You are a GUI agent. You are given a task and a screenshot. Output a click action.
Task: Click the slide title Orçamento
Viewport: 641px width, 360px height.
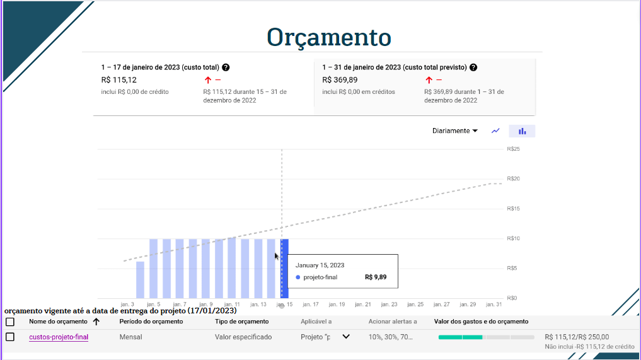pos(328,37)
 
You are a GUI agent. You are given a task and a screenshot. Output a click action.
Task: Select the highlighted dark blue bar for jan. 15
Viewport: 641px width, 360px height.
pos(285,269)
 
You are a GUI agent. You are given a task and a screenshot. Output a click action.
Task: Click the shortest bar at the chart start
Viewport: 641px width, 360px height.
pos(140,279)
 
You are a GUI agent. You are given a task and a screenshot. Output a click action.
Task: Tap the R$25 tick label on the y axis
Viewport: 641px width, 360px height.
pos(513,149)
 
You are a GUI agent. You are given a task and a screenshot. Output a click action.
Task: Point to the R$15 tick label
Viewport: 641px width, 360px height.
pos(513,209)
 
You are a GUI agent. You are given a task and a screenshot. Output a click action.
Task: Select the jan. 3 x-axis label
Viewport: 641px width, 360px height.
pos(127,305)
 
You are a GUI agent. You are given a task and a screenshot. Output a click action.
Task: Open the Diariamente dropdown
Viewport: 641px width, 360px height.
pos(454,131)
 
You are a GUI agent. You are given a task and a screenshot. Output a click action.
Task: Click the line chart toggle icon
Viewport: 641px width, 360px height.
pos(495,131)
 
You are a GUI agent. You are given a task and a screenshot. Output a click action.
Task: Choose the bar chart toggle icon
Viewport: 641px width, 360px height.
pos(522,131)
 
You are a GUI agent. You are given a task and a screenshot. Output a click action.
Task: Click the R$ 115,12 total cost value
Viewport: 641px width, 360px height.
pos(118,80)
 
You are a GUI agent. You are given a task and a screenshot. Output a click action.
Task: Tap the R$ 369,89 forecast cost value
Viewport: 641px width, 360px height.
pos(340,80)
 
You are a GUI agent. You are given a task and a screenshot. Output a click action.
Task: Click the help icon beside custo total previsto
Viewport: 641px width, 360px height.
pos(473,67)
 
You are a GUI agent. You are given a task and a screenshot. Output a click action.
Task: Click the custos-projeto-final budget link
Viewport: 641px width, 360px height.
pos(59,337)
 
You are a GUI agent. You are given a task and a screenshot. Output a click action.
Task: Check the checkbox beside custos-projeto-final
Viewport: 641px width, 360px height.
pos(10,337)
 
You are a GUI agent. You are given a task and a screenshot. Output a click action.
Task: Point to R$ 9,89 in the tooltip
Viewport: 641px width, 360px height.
pos(376,277)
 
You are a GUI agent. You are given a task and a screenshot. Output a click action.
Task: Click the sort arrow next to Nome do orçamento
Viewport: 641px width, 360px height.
pos(96,322)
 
